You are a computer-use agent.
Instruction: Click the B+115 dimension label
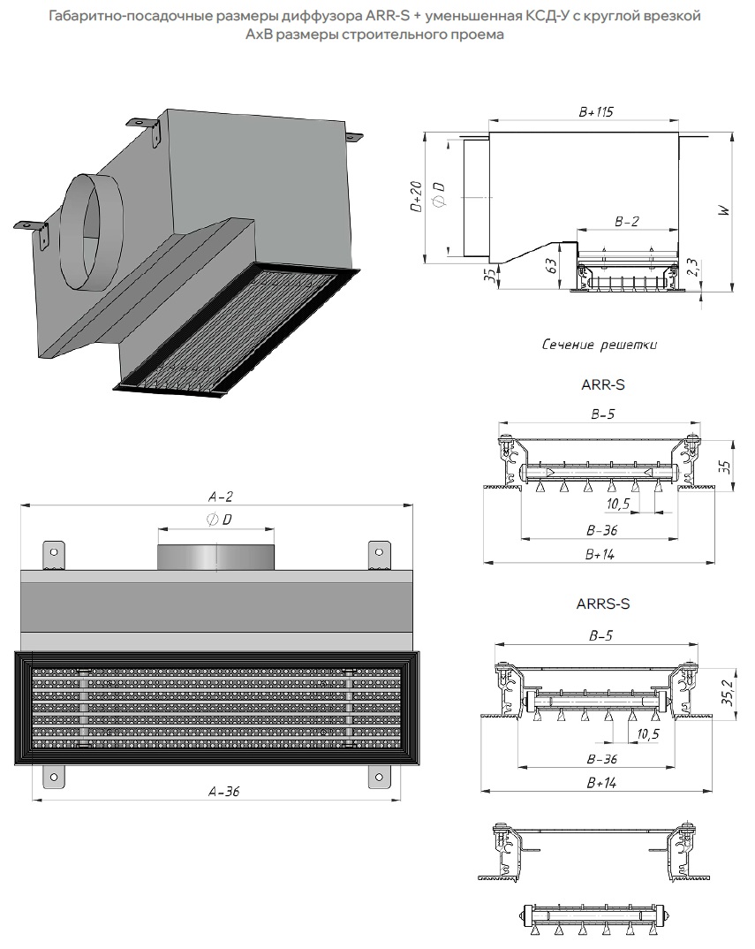[x=596, y=112]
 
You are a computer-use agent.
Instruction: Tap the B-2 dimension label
[x=626, y=223]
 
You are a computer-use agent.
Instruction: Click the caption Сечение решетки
[x=599, y=345]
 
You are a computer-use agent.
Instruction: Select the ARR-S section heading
[x=603, y=384]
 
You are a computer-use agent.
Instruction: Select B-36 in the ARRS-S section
[x=601, y=759]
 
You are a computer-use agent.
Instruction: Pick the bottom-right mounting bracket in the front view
[x=380, y=777]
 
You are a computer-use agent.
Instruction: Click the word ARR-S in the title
[x=387, y=16]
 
